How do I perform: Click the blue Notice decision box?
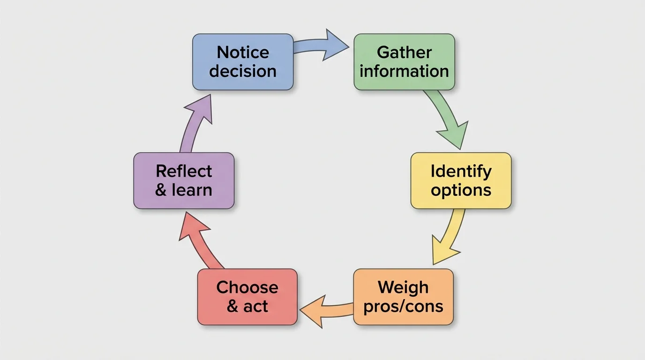(x=243, y=62)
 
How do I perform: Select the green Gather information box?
(x=404, y=62)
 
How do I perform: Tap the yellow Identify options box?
(x=461, y=180)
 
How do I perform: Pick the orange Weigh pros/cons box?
(x=403, y=297)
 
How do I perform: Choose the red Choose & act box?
(x=247, y=297)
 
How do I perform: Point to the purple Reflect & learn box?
(x=184, y=180)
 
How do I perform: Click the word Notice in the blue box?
(x=243, y=52)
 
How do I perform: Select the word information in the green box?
(x=404, y=72)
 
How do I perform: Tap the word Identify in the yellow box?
(x=461, y=171)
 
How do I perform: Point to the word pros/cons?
(x=403, y=307)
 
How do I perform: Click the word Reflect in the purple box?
(x=184, y=171)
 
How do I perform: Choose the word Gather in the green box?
(x=404, y=52)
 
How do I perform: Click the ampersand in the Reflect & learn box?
(x=161, y=190)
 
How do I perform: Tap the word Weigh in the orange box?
(x=403, y=287)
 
